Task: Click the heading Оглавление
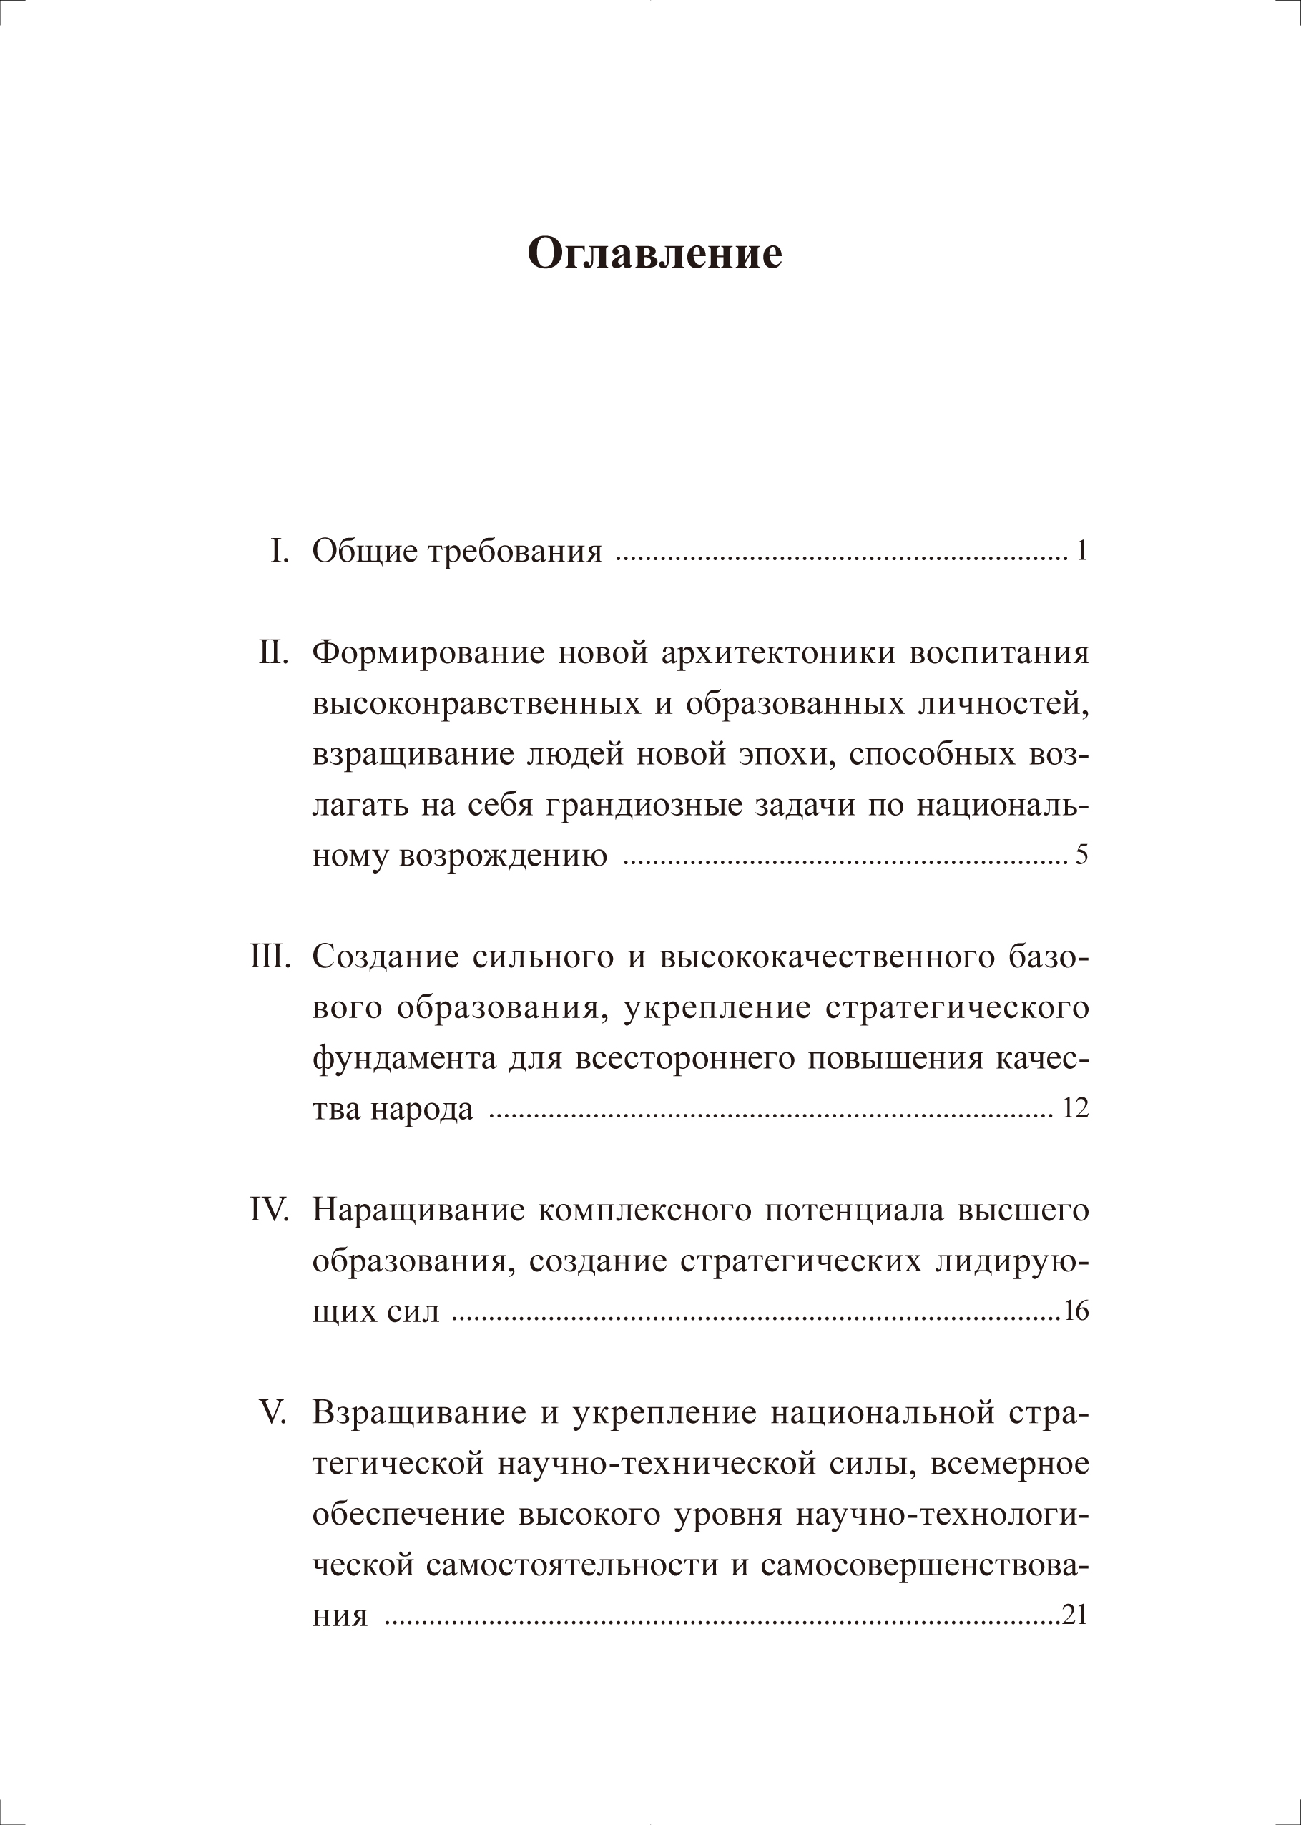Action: pos(654,255)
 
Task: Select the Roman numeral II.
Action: pos(273,653)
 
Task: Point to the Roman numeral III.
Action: pos(268,957)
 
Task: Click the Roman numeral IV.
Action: pos(268,1210)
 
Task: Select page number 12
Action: pos(1074,1110)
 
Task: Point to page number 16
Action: pos(1075,1312)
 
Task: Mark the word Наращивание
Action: pos(415,1210)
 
